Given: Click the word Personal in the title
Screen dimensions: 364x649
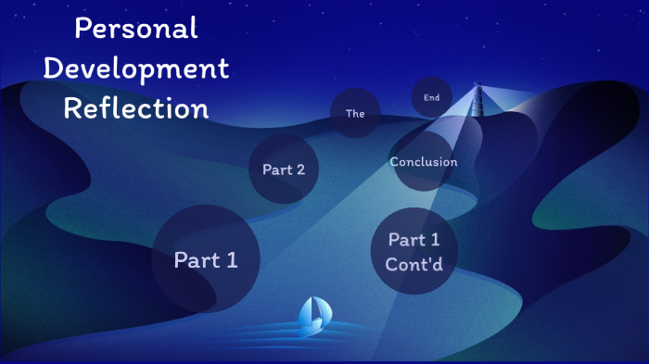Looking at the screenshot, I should pos(136,29).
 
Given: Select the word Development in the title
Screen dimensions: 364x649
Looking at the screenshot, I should pos(136,69).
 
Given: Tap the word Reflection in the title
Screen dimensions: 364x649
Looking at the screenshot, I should pos(136,108).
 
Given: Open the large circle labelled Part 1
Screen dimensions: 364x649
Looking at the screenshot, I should pos(206,259).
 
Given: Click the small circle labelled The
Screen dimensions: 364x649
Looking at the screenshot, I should pos(355,113).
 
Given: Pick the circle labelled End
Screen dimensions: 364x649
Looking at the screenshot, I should pos(431,96).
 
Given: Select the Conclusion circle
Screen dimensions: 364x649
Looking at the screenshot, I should pos(424,162).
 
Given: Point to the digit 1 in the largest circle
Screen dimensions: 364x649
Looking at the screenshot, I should pos(231,260).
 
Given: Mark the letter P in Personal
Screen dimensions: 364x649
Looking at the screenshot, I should pos(82,29).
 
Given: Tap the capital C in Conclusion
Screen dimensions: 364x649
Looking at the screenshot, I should pos(395,162).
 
